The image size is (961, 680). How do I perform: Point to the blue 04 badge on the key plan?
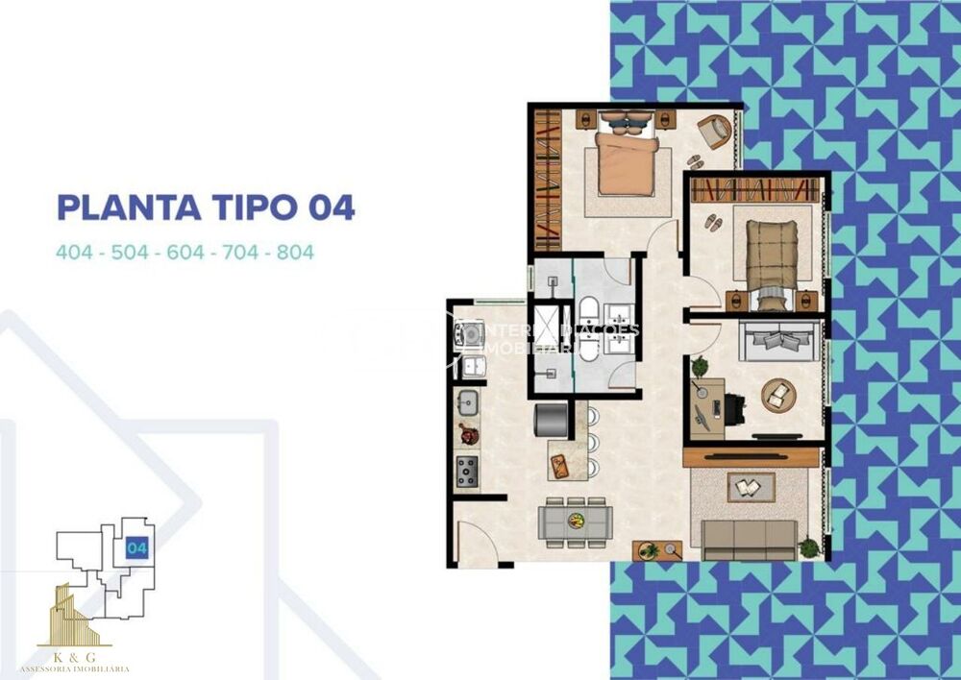pos(136,548)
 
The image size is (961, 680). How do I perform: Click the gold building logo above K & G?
pos(74,615)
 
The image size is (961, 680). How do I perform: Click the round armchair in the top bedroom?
pos(714,131)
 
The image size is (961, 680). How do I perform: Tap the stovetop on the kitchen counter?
pos(467,471)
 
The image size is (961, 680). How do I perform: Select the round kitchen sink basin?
pos(468,403)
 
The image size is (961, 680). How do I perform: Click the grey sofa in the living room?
pos(749,540)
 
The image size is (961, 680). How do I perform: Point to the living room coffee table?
pos(744,488)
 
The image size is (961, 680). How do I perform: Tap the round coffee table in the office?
pos(777,395)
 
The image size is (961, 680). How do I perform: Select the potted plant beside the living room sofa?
pos(810,547)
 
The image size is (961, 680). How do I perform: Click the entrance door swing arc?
pos(478,540)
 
